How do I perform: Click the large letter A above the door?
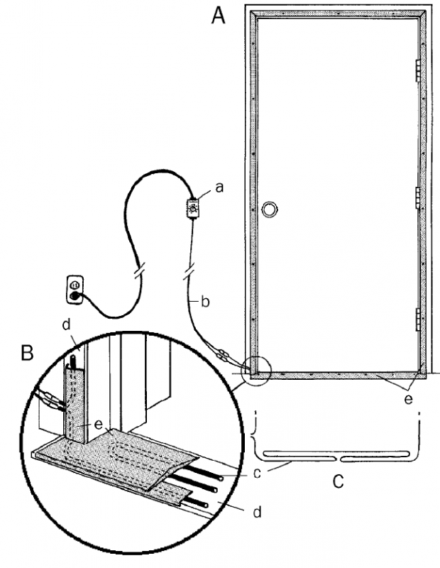[x=218, y=16]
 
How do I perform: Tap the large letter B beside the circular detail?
[x=28, y=352]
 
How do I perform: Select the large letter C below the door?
[x=338, y=481]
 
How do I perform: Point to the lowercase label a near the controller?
[x=219, y=187]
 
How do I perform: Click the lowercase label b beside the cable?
[x=205, y=301]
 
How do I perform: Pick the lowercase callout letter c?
[x=257, y=474]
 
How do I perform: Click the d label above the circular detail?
[x=66, y=324]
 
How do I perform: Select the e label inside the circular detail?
[x=99, y=424]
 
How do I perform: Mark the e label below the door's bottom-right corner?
[x=408, y=399]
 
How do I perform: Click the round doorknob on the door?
[x=269, y=209]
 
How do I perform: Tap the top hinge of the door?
[x=418, y=70]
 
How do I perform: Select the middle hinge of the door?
[x=418, y=198]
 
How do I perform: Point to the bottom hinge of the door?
[x=418, y=319]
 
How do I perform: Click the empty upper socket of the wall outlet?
[x=75, y=285]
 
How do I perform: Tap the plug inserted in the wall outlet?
[x=75, y=296]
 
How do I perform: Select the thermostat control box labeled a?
[x=192, y=208]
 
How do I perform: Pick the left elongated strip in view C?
[x=299, y=454]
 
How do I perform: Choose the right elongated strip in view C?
[x=375, y=454]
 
